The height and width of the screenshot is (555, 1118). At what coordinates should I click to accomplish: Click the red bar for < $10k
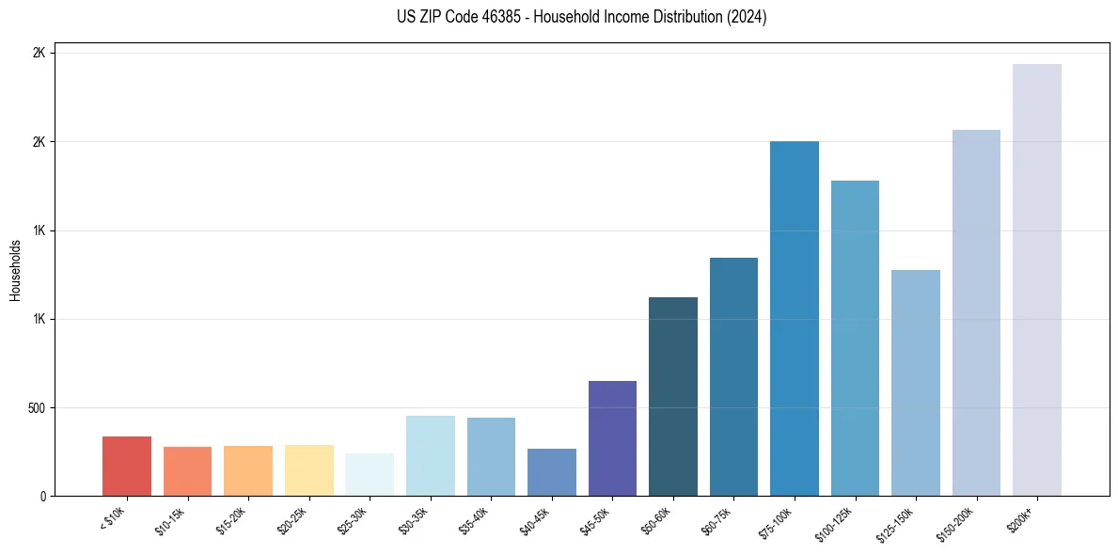pyautogui.click(x=127, y=466)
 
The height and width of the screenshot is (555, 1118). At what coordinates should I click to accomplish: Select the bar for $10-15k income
pyautogui.click(x=187, y=471)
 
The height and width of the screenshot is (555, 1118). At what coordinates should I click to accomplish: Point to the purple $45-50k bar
pyautogui.click(x=612, y=438)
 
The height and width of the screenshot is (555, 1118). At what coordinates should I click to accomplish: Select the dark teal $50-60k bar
pyautogui.click(x=673, y=396)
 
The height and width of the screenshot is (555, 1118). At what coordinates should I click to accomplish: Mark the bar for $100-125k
pyautogui.click(x=855, y=338)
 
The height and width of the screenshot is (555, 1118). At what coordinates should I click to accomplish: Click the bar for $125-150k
pyautogui.click(x=916, y=383)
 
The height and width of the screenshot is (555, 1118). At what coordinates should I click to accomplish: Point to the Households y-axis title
pyautogui.click(x=15, y=270)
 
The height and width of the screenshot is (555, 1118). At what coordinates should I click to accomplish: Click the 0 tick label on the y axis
pyautogui.click(x=43, y=497)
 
